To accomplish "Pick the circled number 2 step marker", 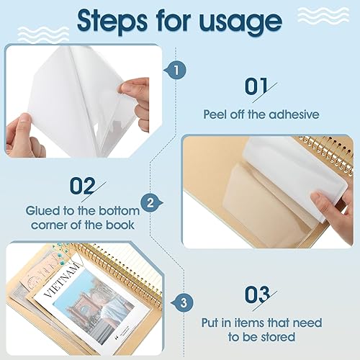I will point(150,204).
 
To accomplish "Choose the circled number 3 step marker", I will point(184,301).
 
